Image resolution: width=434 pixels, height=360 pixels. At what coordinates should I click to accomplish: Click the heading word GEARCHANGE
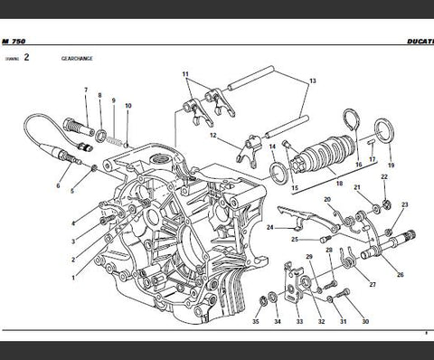coord(78,57)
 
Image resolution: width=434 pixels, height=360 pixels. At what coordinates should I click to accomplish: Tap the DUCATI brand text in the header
coord(416,42)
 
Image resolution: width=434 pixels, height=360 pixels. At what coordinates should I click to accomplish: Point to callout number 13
coord(313,81)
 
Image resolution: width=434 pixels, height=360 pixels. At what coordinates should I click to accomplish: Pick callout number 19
coord(390,167)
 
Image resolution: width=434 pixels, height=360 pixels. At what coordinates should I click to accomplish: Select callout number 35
coord(256,320)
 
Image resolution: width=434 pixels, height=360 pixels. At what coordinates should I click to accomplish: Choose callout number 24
coord(269,228)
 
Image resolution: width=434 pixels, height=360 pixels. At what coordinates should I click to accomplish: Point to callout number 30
coord(365,320)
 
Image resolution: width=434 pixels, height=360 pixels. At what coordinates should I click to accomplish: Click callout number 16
coord(358,166)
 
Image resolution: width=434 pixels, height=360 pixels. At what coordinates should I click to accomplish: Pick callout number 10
coord(128,107)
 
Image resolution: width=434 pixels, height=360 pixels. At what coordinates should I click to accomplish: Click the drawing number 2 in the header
coord(26,57)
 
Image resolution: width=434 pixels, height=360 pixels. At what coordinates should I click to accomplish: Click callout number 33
coord(298,320)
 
